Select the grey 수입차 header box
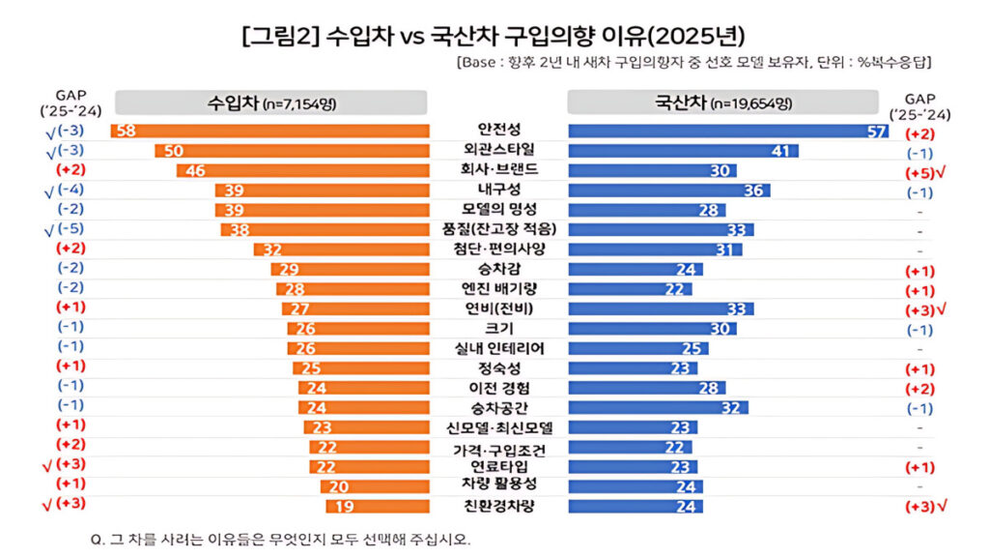click(271, 103)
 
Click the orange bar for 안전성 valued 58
click(269, 131)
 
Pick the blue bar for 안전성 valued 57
click(729, 131)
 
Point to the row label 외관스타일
click(498, 150)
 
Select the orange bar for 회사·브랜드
click(302, 170)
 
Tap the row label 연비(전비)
click(498, 308)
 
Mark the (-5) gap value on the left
click(70, 229)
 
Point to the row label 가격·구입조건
click(498, 449)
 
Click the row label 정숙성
click(498, 367)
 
